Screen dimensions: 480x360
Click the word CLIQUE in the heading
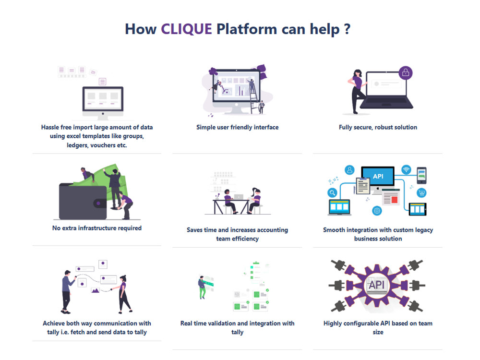[x=186, y=29]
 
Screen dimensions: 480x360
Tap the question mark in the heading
[x=347, y=29]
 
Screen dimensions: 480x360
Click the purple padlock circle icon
[x=406, y=73]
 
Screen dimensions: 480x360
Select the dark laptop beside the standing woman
[x=386, y=90]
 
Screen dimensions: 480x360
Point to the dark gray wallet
[x=83, y=202]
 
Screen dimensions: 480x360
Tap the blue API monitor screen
[x=378, y=176]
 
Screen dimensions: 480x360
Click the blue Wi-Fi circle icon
[x=406, y=169]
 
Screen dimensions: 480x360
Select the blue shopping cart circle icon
[x=421, y=193]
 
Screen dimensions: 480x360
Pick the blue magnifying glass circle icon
[x=332, y=192]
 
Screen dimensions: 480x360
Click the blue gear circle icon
[x=377, y=211]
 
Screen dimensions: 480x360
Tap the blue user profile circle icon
[x=349, y=170]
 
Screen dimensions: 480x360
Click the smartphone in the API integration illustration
[x=421, y=175]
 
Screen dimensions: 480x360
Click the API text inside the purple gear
[x=376, y=285]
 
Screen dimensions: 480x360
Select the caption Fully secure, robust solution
[x=378, y=127]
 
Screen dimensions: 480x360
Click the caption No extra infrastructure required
[x=97, y=228]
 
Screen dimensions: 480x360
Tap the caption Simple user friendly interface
[x=237, y=127]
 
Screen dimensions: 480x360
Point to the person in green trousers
[x=202, y=288]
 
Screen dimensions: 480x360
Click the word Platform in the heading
[x=247, y=29]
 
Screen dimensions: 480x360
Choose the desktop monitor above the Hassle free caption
[x=103, y=103]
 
